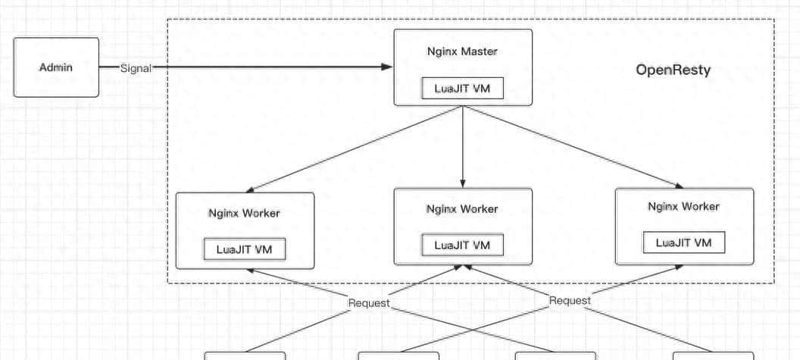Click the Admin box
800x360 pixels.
(x=56, y=67)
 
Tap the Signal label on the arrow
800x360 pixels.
(x=136, y=67)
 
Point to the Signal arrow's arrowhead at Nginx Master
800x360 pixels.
(x=387, y=67)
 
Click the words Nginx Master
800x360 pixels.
(x=462, y=52)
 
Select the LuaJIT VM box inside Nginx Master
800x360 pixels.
(x=462, y=88)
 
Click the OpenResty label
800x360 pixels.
(x=673, y=70)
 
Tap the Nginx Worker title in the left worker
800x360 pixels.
(x=244, y=213)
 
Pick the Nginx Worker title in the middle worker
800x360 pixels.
(x=462, y=208)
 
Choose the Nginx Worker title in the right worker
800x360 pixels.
(x=683, y=206)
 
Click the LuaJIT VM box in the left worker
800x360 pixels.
(x=244, y=249)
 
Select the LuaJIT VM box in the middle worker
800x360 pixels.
(x=462, y=245)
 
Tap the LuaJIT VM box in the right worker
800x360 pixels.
(x=683, y=243)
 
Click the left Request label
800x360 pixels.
(x=368, y=302)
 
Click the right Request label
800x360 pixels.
(x=570, y=300)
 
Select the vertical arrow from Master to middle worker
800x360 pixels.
(x=463, y=148)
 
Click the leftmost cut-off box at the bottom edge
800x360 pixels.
(x=245, y=355)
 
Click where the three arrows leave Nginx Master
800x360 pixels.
(x=463, y=107)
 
